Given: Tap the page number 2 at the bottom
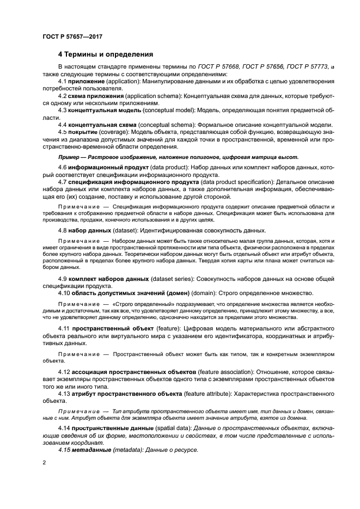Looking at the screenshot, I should [x=44, y=463].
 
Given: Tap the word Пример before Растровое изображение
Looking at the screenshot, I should [x=70, y=157].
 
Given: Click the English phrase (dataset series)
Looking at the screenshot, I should [x=170, y=279].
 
